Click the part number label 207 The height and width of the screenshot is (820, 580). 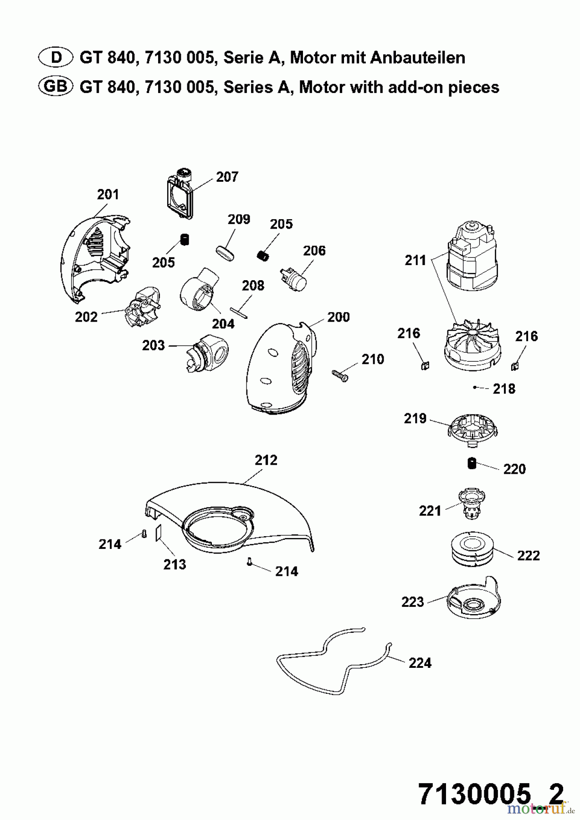click(227, 177)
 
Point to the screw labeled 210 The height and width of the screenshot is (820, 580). click(339, 374)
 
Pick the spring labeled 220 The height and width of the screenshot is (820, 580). click(472, 463)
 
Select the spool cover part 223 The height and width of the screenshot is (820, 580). click(472, 601)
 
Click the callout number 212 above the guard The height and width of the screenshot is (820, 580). click(266, 460)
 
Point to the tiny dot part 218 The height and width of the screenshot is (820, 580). click(475, 387)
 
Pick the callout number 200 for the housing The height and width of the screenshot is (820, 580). click(338, 317)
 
